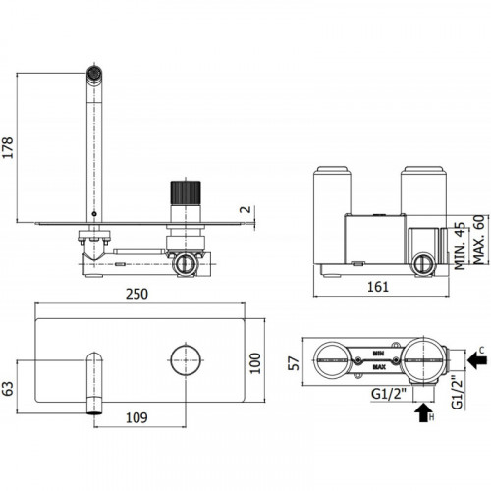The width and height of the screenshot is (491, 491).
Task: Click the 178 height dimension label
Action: (8, 147)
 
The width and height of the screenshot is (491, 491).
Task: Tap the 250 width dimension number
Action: (136, 294)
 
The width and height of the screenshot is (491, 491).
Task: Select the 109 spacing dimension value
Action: (136, 417)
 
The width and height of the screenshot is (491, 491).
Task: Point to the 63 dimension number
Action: (8, 389)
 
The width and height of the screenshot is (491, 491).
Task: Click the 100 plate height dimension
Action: (255, 363)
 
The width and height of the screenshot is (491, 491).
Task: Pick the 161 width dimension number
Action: (378, 287)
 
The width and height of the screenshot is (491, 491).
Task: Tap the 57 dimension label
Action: (294, 363)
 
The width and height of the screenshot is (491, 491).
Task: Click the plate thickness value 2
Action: (245, 209)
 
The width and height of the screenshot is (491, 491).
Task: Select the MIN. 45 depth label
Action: (460, 246)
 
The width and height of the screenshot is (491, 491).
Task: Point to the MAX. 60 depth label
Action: (478, 240)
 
